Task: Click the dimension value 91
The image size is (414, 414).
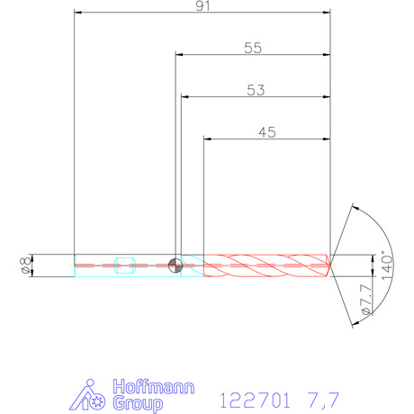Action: coord(202,6)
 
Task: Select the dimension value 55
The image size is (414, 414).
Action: coord(253,48)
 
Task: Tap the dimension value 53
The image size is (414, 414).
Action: coord(256,90)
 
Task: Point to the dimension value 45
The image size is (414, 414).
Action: coord(267,132)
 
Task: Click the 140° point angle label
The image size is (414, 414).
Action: coord(387,265)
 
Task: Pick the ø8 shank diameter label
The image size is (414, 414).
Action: coord(26,265)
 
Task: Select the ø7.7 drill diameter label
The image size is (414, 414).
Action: coord(366,300)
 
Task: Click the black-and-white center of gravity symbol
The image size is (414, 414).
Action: coord(175,265)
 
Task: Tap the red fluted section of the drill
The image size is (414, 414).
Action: coord(267,265)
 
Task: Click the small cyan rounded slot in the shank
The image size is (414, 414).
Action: coord(125,265)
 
